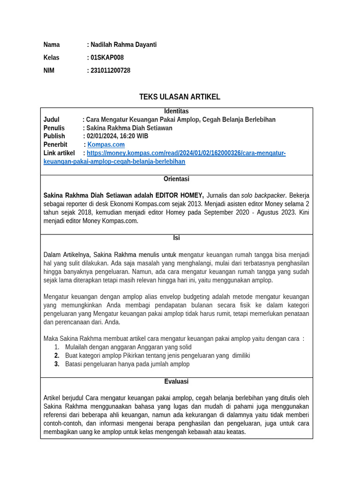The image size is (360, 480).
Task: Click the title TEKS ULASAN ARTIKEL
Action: (x=180, y=97)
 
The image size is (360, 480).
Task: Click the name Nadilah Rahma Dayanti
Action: (x=123, y=45)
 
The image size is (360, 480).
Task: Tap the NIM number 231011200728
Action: (x=110, y=71)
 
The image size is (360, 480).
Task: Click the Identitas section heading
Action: (x=176, y=111)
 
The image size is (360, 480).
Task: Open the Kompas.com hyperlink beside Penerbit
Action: (x=106, y=145)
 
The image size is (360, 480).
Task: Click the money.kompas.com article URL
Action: (x=186, y=153)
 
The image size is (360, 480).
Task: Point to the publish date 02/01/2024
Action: (x=101, y=136)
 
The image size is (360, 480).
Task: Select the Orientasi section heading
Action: (x=176, y=179)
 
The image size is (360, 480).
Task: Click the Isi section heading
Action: (x=176, y=238)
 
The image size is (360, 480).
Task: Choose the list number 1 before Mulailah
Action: (x=56, y=347)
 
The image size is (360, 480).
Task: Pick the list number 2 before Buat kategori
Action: (x=56, y=356)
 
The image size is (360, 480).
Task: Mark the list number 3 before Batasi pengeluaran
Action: (x=56, y=364)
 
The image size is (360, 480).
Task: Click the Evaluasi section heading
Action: (x=176, y=382)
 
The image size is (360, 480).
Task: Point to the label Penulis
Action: (x=54, y=128)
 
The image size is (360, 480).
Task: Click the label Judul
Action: (x=52, y=120)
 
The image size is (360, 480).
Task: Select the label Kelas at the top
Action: (x=51, y=58)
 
